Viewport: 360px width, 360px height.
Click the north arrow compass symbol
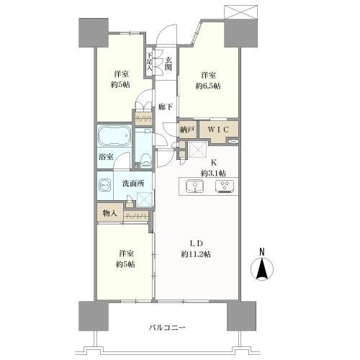tap(262, 269)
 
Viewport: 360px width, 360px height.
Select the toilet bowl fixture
tap(145, 159)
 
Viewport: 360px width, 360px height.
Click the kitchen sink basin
tap(195, 186)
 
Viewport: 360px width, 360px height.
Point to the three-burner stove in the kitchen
tap(225, 186)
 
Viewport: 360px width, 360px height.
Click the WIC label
tap(218, 130)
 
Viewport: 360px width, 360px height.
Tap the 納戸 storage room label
tap(187, 130)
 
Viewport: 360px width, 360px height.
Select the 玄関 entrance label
tap(168, 63)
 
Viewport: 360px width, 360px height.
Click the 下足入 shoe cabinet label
tap(149, 61)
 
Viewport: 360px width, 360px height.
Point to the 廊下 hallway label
tap(166, 107)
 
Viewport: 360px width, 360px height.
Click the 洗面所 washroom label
tap(133, 184)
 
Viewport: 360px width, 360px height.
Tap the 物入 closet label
tap(109, 213)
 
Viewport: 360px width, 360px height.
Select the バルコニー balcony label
tap(167, 328)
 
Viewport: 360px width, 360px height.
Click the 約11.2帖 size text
tap(196, 254)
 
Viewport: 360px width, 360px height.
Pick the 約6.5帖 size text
tap(208, 86)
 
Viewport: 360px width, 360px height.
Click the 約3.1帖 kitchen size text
tap(213, 173)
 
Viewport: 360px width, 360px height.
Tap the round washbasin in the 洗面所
tap(104, 185)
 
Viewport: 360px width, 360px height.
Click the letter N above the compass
tap(262, 252)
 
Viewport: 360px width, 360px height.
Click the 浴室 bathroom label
tap(106, 157)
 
